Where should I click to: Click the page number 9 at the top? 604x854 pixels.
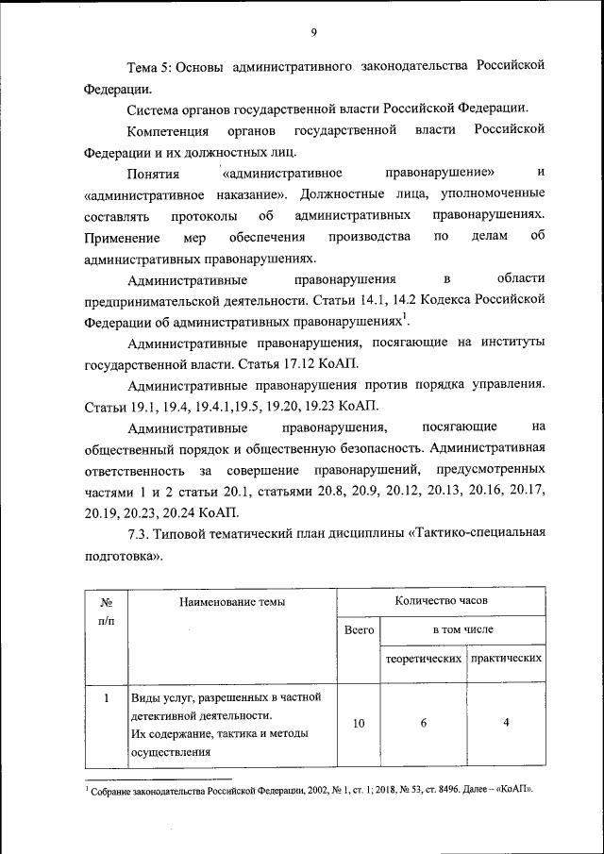coord(313,33)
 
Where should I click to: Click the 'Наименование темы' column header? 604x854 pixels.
coord(229,600)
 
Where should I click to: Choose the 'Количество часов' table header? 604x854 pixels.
coord(442,599)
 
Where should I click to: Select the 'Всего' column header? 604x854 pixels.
coord(359,628)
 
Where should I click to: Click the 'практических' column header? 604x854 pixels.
coord(507,658)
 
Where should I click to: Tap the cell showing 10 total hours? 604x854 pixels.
coord(359,724)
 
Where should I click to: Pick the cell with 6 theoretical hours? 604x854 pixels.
coord(424,723)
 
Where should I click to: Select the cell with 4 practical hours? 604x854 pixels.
coord(507,723)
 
